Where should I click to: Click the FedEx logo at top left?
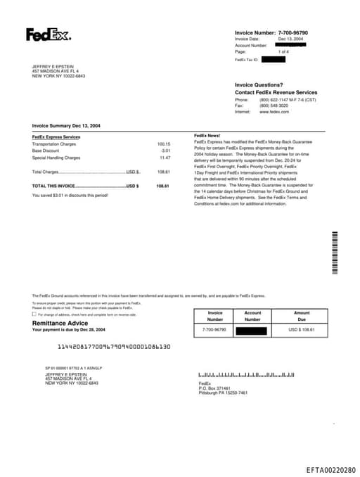pos(48,34)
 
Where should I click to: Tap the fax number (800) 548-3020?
pos(274,106)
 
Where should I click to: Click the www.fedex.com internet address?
pos(274,112)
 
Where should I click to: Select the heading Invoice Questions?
pos(259,85)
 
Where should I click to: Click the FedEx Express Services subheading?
pos(56,137)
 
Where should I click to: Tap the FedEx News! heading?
pos(207,135)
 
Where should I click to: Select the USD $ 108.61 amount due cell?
pos(302,329)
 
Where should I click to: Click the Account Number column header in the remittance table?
pos(252,316)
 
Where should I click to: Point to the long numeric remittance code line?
pos(114,347)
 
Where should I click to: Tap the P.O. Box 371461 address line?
pos(214,388)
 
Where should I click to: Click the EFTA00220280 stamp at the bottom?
pos(330,470)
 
